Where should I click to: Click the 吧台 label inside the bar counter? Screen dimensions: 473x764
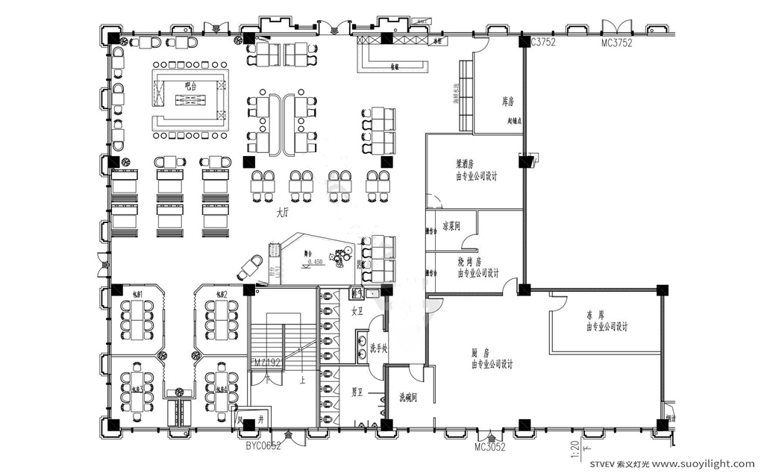[190, 87]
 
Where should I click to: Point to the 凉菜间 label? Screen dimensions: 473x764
[451, 225]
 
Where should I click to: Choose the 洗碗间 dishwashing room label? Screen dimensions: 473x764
[407, 397]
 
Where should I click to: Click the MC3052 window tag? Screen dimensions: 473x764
[490, 447]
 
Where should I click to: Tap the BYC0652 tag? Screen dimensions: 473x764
[263, 446]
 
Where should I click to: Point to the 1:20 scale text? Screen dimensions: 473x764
[575, 451]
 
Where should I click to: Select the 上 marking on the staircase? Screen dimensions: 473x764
[301, 379]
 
